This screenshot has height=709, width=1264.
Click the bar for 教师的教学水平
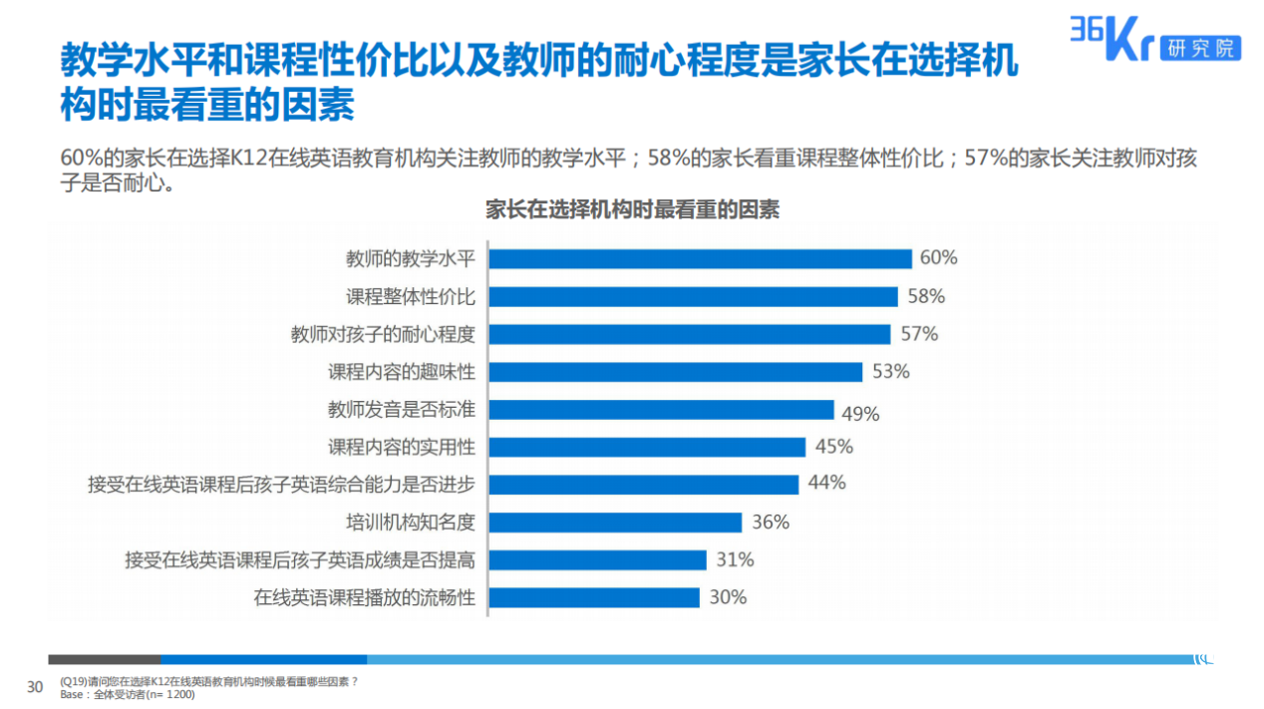700,259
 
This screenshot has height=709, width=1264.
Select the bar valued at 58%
693,297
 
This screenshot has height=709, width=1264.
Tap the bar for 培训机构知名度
615,523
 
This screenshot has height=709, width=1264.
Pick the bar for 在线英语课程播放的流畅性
594,597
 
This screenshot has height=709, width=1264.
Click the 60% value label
938,258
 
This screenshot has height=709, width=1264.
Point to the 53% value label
890,372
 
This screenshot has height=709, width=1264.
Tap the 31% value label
735,560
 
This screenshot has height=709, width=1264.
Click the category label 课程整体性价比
411,297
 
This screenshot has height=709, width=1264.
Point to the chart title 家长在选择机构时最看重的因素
632,210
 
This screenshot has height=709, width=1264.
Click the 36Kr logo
1110,40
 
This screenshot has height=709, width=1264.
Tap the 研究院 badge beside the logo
1200,47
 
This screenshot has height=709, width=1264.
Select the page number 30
35,687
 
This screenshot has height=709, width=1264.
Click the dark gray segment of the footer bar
104,659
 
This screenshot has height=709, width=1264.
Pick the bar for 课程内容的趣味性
675,372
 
